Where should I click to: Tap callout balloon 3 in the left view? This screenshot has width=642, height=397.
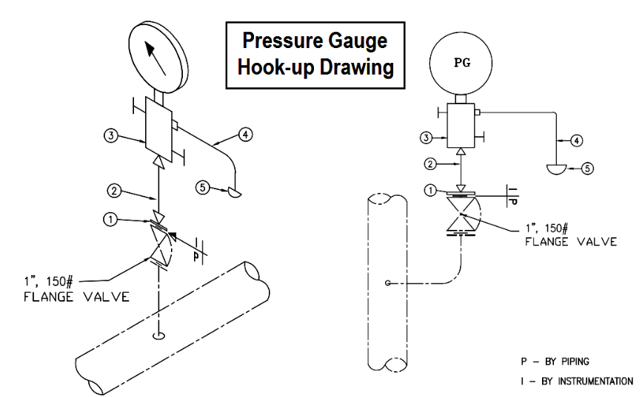109,138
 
